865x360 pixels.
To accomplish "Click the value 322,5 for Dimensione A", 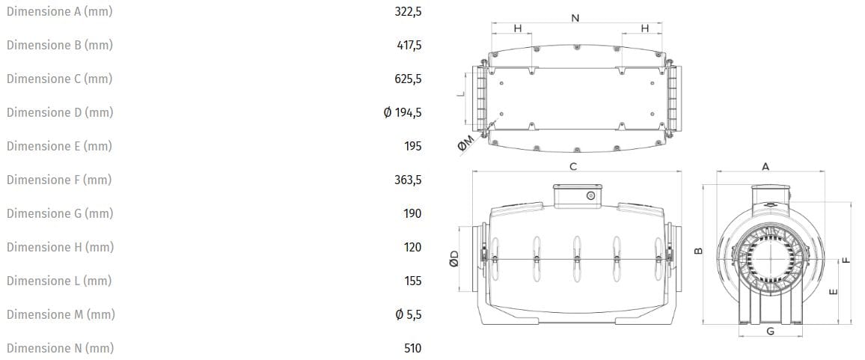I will tap(408, 11).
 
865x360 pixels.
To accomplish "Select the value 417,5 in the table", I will tap(409, 45).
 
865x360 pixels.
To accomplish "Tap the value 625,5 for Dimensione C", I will tap(409, 79).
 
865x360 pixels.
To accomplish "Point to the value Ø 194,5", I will tap(402, 112).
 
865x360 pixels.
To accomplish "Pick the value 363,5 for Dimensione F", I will tap(409, 180).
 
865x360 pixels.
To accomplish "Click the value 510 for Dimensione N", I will tap(412, 348).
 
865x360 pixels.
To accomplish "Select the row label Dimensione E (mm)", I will tap(59, 146).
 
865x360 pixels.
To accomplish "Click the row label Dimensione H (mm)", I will tap(59, 247).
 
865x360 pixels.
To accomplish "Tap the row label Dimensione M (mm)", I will tap(61, 314).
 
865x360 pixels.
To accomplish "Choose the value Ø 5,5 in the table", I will tap(408, 314).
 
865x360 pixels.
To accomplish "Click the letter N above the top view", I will tap(575, 18).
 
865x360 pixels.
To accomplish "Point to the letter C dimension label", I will tap(573, 166).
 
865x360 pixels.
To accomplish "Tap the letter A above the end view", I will tap(765, 166).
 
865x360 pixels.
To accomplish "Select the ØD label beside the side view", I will tap(453, 259).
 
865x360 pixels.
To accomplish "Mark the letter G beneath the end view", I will tap(770, 331).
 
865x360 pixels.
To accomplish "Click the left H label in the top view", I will tap(517, 28).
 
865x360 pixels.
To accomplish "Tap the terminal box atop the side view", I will tap(575, 195).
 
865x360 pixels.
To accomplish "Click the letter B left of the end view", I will tap(697, 251).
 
